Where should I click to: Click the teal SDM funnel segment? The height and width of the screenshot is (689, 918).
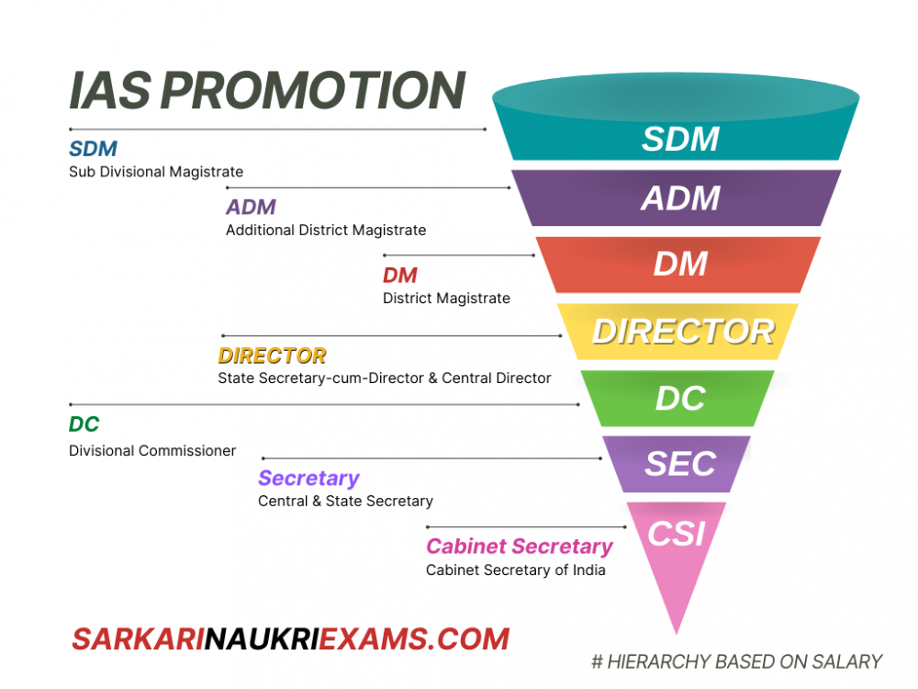[x=679, y=138]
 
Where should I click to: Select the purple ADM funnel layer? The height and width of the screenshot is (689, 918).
[x=679, y=198]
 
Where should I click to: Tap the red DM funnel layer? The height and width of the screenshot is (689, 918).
[x=679, y=265]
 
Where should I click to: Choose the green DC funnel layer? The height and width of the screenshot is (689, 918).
[x=679, y=398]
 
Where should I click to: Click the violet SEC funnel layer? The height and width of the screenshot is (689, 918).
[x=679, y=463]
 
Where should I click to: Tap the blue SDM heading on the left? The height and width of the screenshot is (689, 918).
[x=93, y=148]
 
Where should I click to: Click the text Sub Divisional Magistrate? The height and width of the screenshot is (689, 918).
[x=156, y=172]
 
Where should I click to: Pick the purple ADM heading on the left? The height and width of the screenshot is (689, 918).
[x=251, y=207]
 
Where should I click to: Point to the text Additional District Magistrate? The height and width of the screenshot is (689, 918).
[x=326, y=230]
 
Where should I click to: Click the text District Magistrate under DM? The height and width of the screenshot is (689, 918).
[x=446, y=298]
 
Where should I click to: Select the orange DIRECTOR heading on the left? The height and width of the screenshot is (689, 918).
[x=272, y=356]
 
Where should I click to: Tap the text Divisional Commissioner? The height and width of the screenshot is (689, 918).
[x=152, y=450]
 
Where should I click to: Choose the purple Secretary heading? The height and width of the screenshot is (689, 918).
[x=308, y=478]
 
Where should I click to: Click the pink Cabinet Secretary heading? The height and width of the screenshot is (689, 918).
[x=519, y=547]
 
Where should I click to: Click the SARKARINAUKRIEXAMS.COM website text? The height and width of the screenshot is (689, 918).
[x=290, y=638]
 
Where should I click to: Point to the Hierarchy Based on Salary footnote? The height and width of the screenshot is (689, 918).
[x=736, y=661]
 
